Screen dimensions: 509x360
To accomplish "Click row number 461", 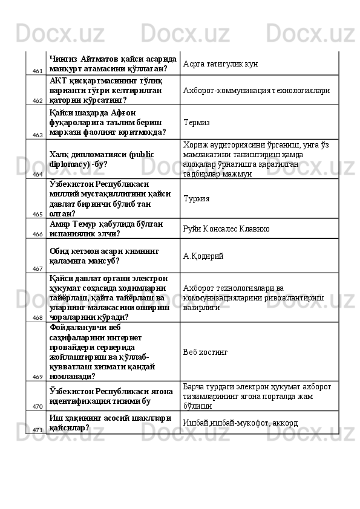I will click(38, 71).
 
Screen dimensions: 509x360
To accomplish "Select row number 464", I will click(38, 173).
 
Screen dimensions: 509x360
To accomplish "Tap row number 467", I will click(38, 267).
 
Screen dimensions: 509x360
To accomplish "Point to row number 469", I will click(38, 375).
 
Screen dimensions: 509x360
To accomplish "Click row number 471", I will click(38, 429).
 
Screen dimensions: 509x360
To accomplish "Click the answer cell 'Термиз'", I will click(197, 122).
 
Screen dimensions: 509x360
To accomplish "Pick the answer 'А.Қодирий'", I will click(203, 256).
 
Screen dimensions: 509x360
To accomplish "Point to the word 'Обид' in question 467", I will click(61, 250).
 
